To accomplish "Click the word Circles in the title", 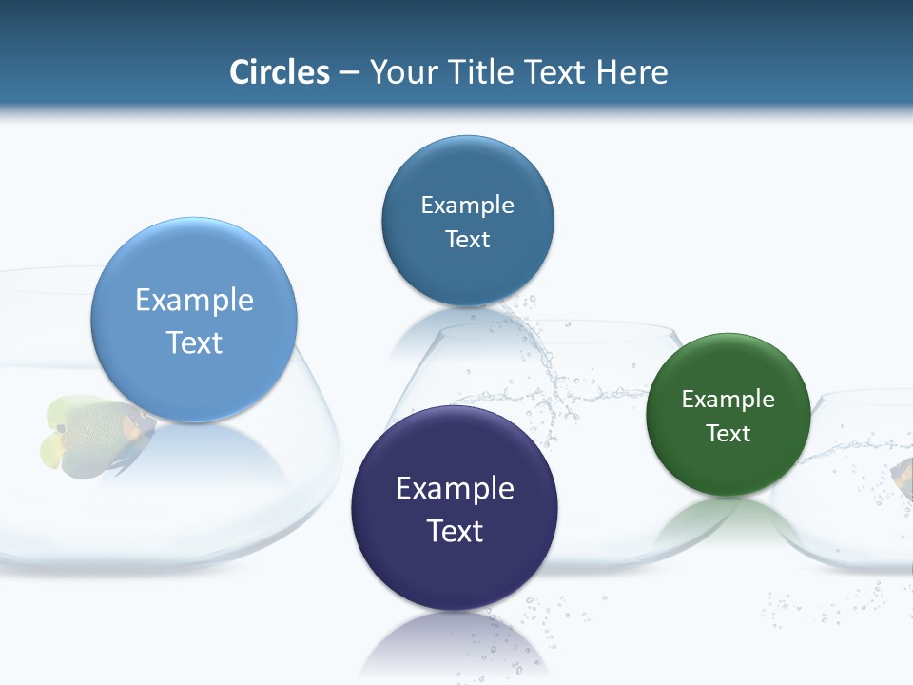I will (x=280, y=72).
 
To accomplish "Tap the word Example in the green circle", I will (x=728, y=400).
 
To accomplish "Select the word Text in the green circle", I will (x=728, y=434).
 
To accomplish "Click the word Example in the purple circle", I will (x=455, y=489).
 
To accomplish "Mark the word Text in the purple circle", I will (x=455, y=531).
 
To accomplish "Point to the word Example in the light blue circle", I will (x=194, y=301).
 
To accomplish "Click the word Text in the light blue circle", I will (x=194, y=342).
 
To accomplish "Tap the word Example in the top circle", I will (x=467, y=205).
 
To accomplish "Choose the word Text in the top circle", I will (x=467, y=240).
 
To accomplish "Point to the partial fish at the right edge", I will (x=903, y=476).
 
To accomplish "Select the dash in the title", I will (x=349, y=73).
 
